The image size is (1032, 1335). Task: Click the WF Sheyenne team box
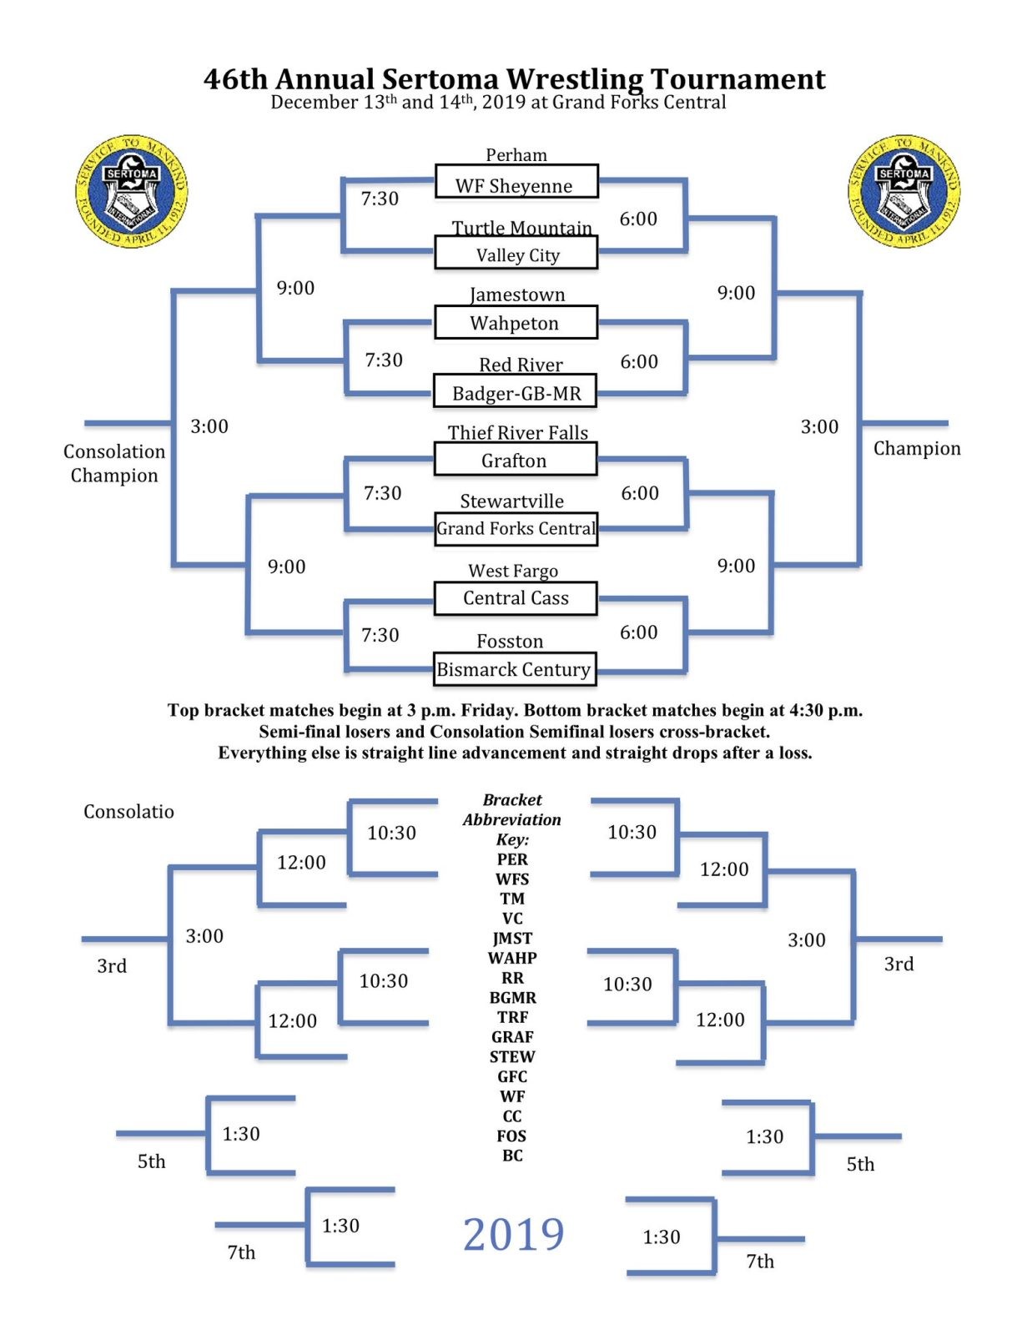tap(516, 182)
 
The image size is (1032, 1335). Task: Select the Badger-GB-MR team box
tap(515, 391)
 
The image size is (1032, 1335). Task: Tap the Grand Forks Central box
tap(516, 529)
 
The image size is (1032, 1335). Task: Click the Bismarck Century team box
tap(514, 669)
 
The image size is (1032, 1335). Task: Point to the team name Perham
tap(516, 154)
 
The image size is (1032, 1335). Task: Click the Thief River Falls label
tap(517, 432)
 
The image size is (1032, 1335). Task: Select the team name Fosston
tap(510, 641)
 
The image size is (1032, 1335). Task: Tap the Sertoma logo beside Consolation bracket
tap(132, 191)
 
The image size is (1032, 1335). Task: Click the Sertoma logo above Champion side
tap(904, 191)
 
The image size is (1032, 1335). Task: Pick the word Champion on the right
tap(916, 448)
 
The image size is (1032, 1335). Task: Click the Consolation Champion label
tap(114, 463)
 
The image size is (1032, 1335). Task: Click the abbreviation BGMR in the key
tap(512, 997)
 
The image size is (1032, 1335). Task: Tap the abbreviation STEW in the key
tap(512, 1056)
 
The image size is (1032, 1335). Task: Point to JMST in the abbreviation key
tap(512, 938)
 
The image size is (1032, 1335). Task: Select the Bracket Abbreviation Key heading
tap(512, 819)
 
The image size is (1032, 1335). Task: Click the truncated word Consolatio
tap(128, 811)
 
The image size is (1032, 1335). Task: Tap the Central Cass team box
tap(516, 598)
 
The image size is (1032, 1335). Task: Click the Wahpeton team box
tap(515, 322)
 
